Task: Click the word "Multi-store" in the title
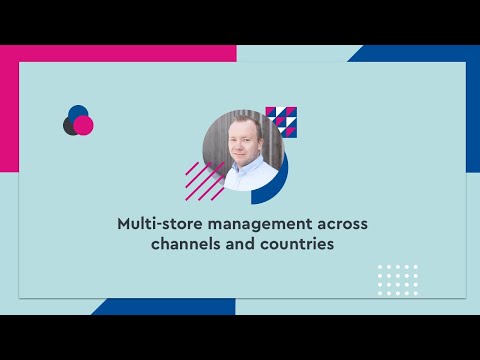click(158, 224)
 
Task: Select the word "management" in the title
click(252, 224)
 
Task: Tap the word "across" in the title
click(340, 224)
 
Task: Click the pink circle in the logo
click(84, 125)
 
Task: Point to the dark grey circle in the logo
click(70, 126)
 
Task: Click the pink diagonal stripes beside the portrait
click(203, 182)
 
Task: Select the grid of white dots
click(398, 280)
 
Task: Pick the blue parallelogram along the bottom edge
click(150, 307)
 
